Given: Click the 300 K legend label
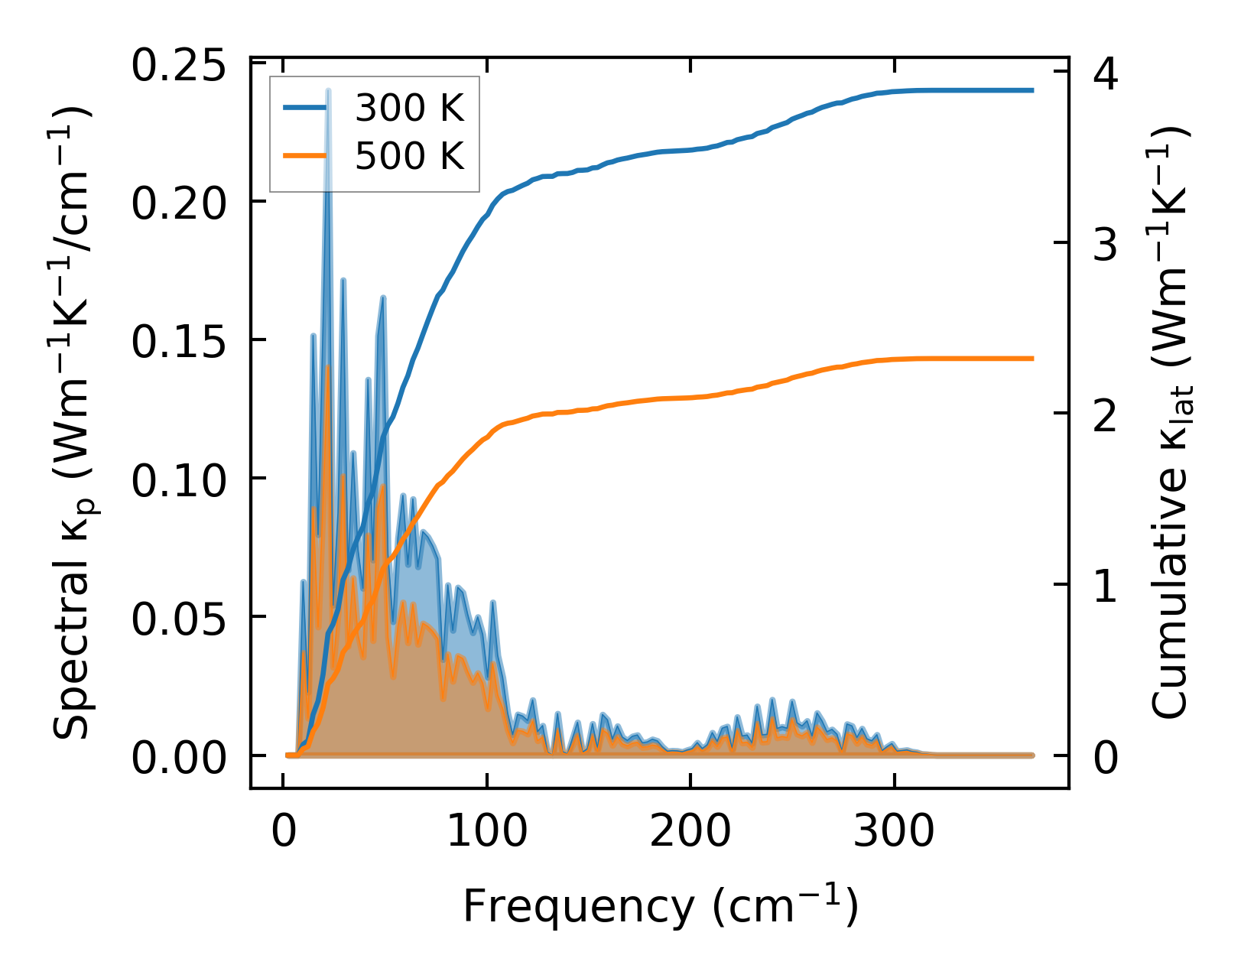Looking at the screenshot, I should pos(410,109).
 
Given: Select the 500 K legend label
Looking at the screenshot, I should pos(410,157).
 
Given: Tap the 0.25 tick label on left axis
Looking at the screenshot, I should pos(179,66).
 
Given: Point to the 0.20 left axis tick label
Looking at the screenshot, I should pos(179,204).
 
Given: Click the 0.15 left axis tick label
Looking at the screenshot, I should pos(179,343).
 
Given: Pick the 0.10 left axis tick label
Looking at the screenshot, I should pos(179,481).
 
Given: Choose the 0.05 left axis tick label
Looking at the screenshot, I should pos(179,619).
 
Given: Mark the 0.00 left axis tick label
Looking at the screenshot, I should pos(179,759).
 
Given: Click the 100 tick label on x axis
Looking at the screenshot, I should pos(487,831).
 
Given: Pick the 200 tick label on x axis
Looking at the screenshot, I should pos(690,831).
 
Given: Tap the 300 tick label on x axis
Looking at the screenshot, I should pos(894,831).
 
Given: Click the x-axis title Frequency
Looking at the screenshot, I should pos(661,908).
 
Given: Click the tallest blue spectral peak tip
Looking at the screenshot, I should pos(328,91).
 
